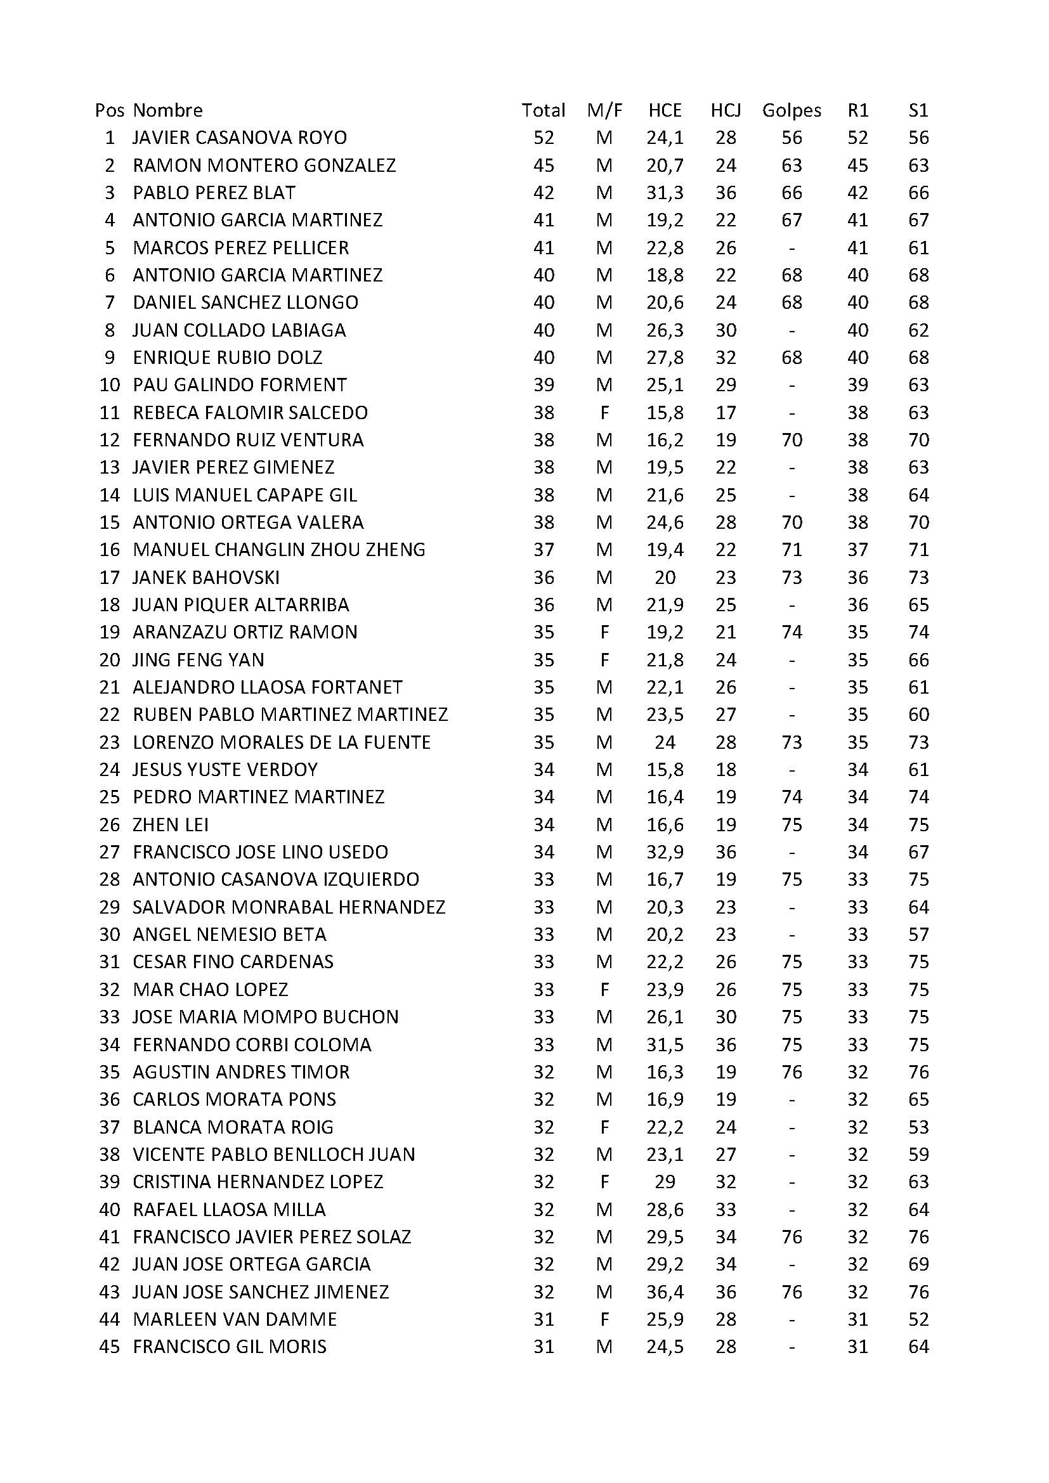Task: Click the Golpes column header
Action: pyautogui.click(x=792, y=110)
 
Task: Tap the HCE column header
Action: pyautogui.click(x=665, y=110)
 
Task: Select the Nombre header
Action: pyautogui.click(x=168, y=110)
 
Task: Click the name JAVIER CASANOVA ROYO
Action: pyautogui.click(x=240, y=138)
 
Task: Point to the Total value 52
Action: pyautogui.click(x=544, y=138)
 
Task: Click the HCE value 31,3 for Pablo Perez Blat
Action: pyautogui.click(x=665, y=193)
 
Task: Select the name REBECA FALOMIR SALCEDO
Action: pyautogui.click(x=250, y=413)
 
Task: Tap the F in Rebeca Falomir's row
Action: pyautogui.click(x=604, y=413)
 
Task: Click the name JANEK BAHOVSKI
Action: pyautogui.click(x=206, y=578)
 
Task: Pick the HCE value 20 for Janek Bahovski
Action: pyautogui.click(x=665, y=578)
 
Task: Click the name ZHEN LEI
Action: pyautogui.click(x=171, y=825)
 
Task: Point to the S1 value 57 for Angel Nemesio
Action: pyautogui.click(x=918, y=935)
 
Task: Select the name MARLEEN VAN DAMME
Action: pyautogui.click(x=235, y=1319)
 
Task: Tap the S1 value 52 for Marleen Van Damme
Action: pyautogui.click(x=918, y=1319)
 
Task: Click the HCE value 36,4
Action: pyautogui.click(x=665, y=1292)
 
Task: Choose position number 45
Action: pyautogui.click(x=109, y=1347)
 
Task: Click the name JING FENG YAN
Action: pyautogui.click(x=199, y=660)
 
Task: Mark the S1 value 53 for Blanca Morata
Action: pyautogui.click(x=918, y=1127)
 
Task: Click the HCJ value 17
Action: pyautogui.click(x=726, y=413)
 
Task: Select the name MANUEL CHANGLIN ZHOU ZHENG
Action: pyautogui.click(x=279, y=550)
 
